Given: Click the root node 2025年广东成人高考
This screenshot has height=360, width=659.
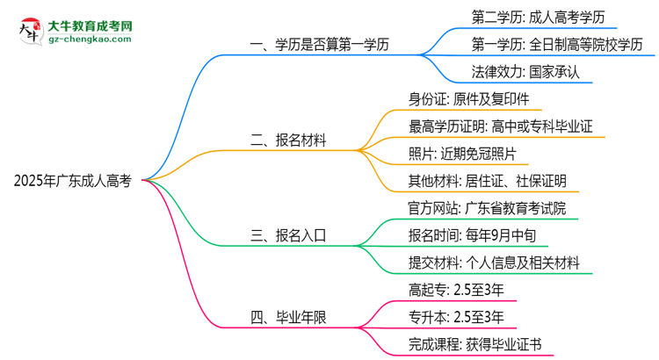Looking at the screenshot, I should pos(73,181).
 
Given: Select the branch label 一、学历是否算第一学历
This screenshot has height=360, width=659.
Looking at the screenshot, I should pos(321,43).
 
